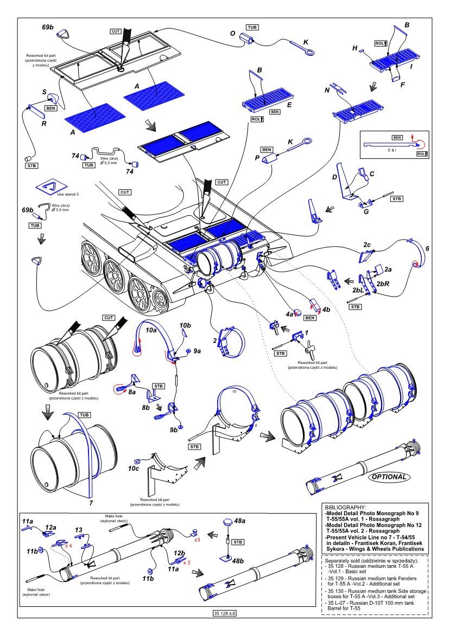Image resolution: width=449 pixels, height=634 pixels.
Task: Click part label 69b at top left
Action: click(x=47, y=26)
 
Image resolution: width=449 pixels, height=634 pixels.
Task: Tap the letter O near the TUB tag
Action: click(x=233, y=34)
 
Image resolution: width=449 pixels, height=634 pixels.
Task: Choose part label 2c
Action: click(x=368, y=246)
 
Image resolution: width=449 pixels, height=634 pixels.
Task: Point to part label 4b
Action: click(x=326, y=310)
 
